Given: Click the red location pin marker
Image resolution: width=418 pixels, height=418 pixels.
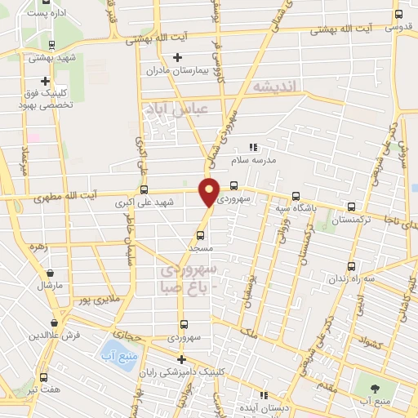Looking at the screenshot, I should coord(210,192).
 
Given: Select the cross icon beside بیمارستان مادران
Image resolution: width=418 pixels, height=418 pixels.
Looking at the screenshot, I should coord(177,57).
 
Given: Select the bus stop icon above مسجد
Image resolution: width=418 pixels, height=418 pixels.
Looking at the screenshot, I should coord(200,235).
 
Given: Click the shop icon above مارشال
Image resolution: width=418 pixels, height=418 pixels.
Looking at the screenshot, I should coord(51,273).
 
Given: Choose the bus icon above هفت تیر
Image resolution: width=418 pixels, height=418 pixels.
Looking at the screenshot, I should coord(43,377).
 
